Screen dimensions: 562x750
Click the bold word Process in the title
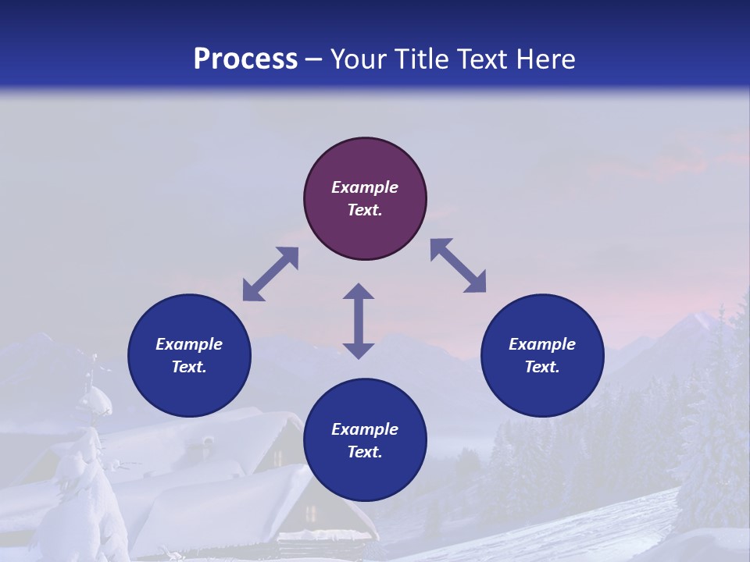click(245, 59)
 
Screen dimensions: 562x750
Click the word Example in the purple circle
click(365, 187)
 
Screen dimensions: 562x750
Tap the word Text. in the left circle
click(189, 367)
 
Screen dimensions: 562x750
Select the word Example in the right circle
click(542, 344)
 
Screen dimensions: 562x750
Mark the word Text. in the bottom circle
click(365, 452)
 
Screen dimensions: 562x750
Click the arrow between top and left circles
click(270, 274)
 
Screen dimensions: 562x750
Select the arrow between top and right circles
click(459, 265)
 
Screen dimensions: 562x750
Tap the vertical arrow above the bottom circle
click(359, 321)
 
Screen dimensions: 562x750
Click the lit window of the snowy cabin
click(312, 514)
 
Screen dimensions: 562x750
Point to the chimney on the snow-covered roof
click(208, 443)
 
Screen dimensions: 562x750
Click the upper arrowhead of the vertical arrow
click(359, 292)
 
